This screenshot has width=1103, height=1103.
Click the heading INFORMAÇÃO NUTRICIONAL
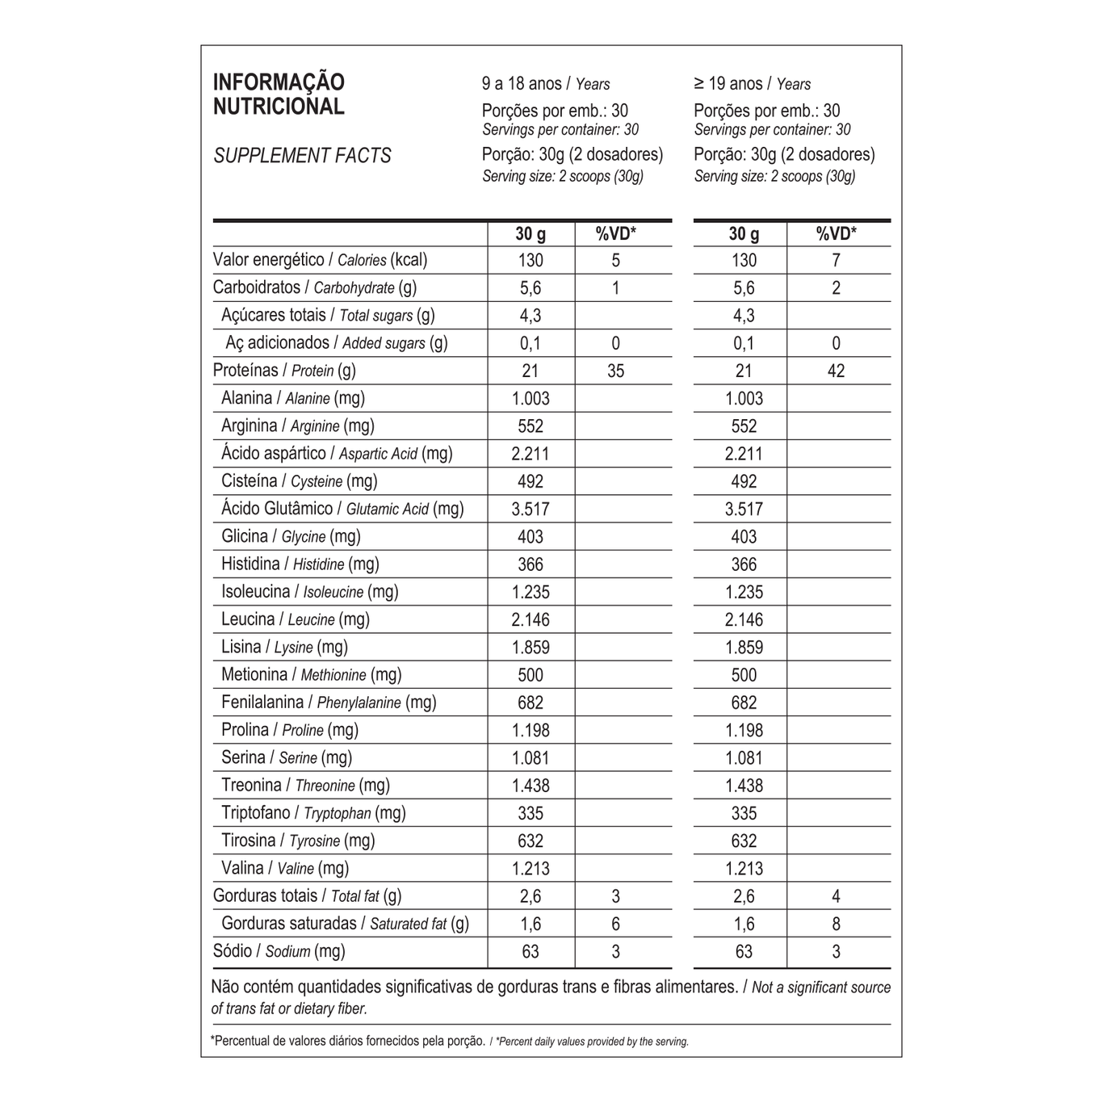pos(279,94)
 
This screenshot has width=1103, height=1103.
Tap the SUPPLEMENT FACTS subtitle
pos(302,156)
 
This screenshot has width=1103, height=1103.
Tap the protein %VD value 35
pos(615,371)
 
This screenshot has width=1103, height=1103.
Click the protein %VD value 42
pos(836,371)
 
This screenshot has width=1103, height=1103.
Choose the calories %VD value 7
pos(836,261)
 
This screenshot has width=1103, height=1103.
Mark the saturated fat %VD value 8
pos(836,924)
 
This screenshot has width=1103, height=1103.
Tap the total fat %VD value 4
pos(836,896)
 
